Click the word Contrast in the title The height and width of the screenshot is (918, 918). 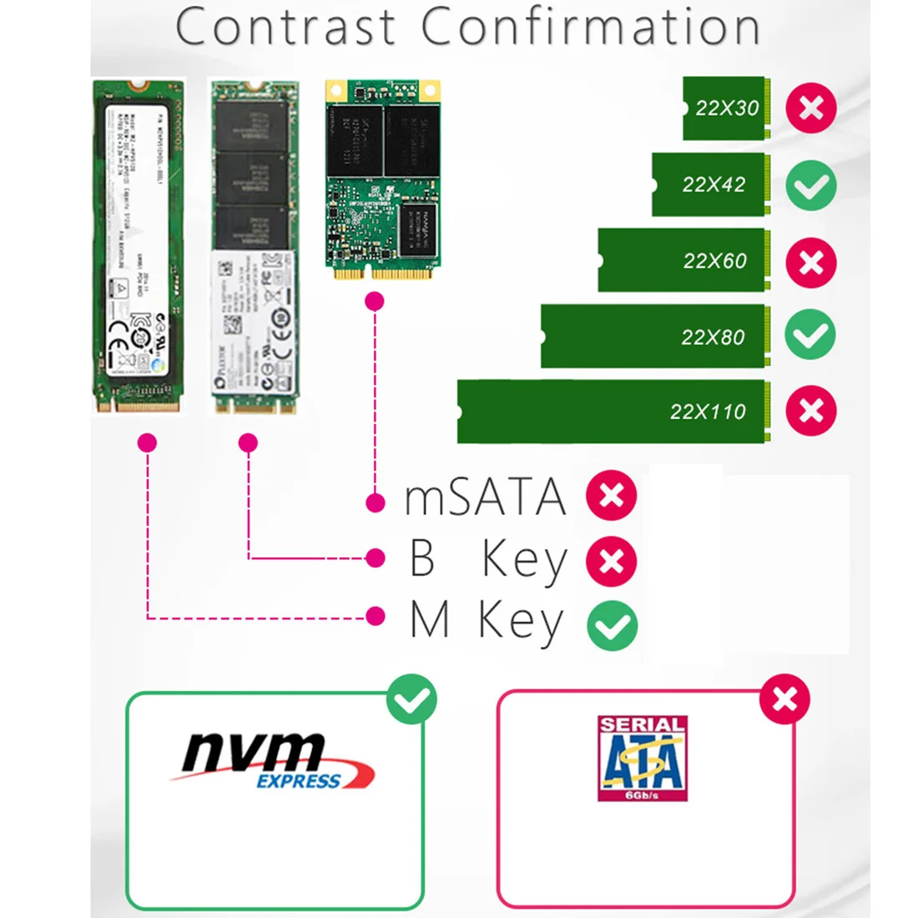[x=285, y=27]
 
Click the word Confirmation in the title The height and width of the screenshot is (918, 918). [x=591, y=27]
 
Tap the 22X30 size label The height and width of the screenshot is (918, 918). [x=727, y=108]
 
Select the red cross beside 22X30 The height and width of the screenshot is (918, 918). [x=810, y=108]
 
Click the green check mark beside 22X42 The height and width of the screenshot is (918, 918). [x=810, y=184]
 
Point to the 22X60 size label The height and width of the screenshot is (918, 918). [x=714, y=260]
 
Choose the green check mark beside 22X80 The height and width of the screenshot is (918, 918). [x=810, y=335]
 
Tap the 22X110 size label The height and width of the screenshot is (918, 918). [x=708, y=411]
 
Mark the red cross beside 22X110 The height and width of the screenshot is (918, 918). [x=810, y=411]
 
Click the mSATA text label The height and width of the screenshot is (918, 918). [x=485, y=497]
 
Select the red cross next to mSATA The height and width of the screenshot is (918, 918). [x=612, y=496]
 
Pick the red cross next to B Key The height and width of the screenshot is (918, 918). [x=612, y=560]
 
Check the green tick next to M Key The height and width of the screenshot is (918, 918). [x=612, y=625]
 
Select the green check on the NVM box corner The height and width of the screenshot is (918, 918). [x=411, y=699]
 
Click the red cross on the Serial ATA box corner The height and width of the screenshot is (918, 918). [x=784, y=699]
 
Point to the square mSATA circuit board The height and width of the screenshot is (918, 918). [x=382, y=179]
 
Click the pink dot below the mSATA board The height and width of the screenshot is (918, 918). [x=375, y=300]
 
